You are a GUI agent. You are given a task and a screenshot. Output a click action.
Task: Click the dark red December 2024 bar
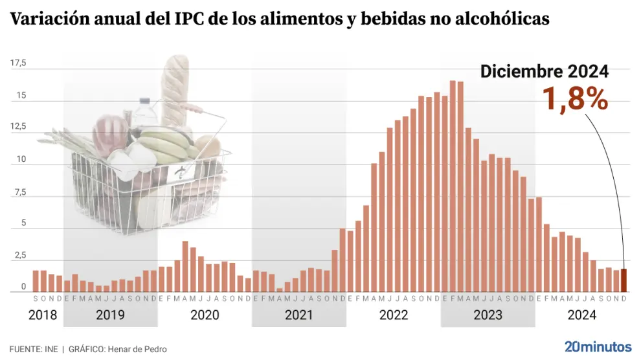tap(624, 280)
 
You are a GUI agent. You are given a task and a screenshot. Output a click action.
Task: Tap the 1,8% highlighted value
tap(575, 99)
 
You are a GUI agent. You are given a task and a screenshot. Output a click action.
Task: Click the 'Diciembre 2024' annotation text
tap(544, 72)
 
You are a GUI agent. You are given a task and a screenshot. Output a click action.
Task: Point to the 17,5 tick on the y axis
tap(18, 63)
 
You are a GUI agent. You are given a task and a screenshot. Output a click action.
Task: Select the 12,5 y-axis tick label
tap(18, 127)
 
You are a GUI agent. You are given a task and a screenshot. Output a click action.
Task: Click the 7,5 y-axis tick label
tap(18, 192)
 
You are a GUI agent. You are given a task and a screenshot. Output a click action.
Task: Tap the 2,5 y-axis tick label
tap(18, 256)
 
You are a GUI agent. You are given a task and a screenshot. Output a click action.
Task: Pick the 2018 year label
tap(43, 315)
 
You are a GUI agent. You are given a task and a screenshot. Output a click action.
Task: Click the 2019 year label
tap(110, 315)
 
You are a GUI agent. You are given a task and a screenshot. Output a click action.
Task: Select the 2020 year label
tap(205, 315)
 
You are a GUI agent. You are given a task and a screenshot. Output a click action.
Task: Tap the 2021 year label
tap(298, 315)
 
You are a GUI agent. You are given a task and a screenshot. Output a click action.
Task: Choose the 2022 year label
tap(393, 315)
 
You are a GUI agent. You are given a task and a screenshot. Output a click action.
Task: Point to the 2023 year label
tap(488, 315)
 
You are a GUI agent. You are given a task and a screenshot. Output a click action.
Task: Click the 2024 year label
tap(581, 315)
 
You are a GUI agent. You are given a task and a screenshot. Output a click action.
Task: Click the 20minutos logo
tap(598, 346)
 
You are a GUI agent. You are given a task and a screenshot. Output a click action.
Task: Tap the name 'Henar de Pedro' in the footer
tap(138, 349)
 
